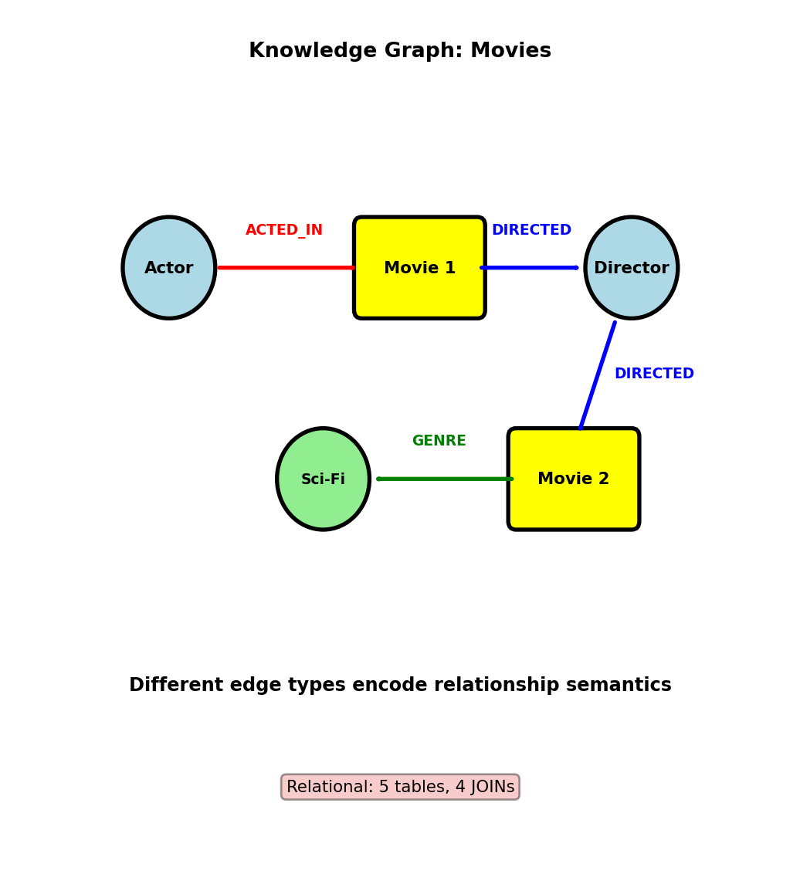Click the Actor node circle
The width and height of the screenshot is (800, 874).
(x=168, y=268)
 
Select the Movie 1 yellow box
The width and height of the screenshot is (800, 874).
(x=419, y=268)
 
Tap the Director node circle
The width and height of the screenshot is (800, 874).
(x=631, y=268)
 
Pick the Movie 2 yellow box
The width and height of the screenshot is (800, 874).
(x=573, y=479)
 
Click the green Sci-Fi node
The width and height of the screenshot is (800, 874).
(x=323, y=479)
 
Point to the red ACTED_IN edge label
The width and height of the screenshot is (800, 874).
(x=284, y=230)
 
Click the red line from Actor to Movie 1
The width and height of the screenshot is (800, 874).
(x=286, y=268)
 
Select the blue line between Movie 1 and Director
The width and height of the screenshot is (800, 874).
(x=530, y=268)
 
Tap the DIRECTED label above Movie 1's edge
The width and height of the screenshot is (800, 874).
(x=531, y=230)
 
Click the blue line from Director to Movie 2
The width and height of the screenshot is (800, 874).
(x=598, y=375)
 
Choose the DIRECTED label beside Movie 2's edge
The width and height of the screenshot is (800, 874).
(x=654, y=374)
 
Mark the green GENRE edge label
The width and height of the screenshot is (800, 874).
(x=439, y=441)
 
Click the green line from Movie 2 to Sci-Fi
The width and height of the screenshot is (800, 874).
(x=445, y=479)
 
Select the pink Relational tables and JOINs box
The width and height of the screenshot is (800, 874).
(x=400, y=787)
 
